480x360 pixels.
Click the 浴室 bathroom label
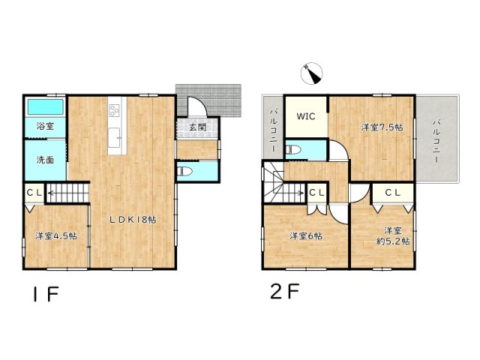click(45, 126)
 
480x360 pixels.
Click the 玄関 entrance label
click(197, 127)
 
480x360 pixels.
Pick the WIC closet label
click(305, 116)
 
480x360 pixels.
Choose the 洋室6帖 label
click(305, 235)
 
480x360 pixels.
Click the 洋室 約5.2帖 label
click(394, 235)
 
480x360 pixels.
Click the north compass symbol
click(310, 73)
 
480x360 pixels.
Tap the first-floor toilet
click(188, 172)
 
